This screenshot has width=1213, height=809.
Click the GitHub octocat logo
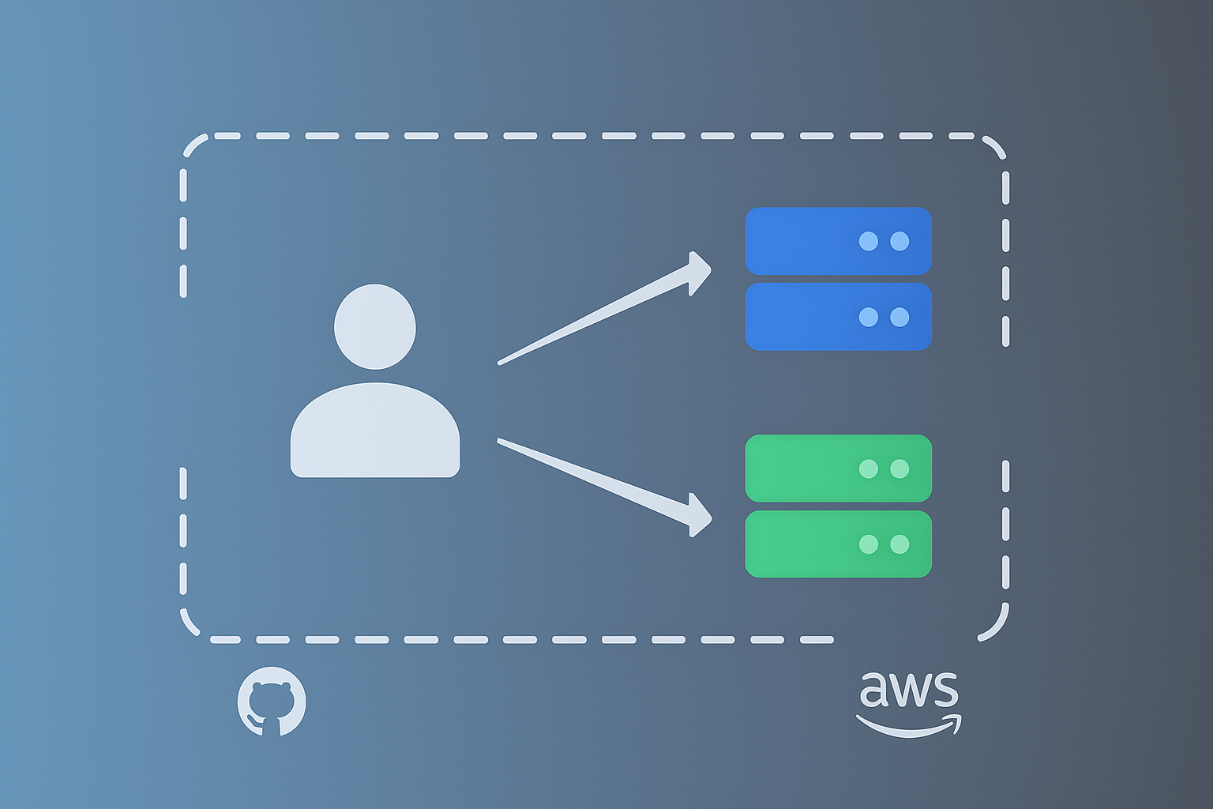point(272,702)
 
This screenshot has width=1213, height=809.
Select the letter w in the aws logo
point(908,690)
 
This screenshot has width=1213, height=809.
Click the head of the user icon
point(375,326)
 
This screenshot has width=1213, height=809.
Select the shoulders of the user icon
point(375,431)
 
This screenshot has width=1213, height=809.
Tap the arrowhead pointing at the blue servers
point(698,273)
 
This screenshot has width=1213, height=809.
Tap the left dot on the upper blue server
point(868,241)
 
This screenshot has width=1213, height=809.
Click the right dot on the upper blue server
point(899,241)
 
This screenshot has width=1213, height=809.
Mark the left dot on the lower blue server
point(868,317)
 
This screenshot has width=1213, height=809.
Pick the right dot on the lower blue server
point(899,317)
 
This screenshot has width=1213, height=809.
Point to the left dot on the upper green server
point(868,468)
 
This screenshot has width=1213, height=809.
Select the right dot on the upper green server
point(899,468)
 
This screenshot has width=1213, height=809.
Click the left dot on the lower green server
point(868,544)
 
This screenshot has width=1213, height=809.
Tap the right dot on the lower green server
point(899,544)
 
